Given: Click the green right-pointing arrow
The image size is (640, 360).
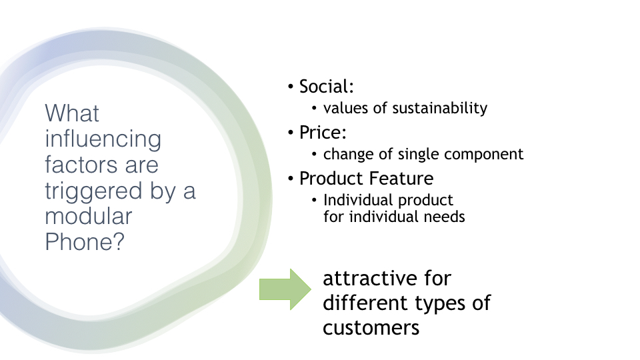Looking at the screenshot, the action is [285, 289].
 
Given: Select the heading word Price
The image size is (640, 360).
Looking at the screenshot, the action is [321, 132].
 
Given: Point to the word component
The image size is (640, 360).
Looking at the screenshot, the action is [483, 155].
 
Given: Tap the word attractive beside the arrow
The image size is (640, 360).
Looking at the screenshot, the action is [370, 279].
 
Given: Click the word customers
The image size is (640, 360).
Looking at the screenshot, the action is [371, 328].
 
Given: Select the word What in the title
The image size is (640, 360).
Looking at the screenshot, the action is [72, 113].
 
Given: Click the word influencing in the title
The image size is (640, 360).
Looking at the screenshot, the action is [103, 139].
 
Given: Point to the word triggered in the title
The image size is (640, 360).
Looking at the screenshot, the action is [93, 191].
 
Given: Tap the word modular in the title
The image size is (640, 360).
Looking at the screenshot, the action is [89, 216].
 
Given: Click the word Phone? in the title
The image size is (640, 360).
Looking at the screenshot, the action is [85, 242].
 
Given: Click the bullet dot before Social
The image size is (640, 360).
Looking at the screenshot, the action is [291, 87].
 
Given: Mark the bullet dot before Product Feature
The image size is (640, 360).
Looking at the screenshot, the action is [291, 179].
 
